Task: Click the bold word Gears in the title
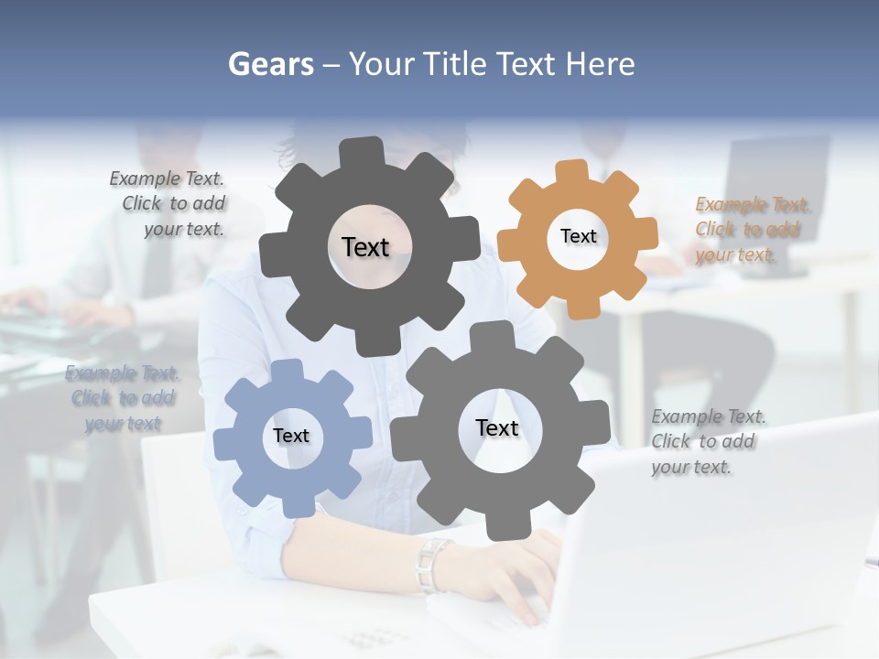tap(270, 64)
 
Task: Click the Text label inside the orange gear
tap(579, 236)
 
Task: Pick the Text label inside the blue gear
tap(291, 436)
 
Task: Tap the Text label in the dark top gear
tap(365, 247)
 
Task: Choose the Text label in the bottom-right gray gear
tap(497, 427)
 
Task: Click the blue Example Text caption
tap(123, 398)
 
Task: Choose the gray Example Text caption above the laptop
tap(708, 441)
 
